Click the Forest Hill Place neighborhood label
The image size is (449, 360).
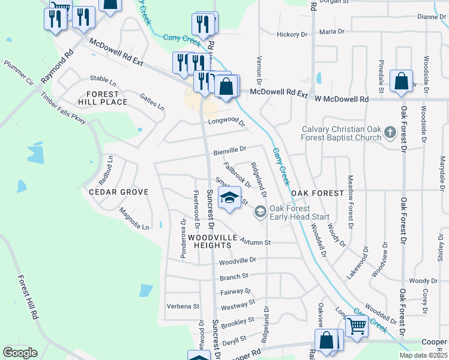coord(107,98)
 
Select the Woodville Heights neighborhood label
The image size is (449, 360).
coord(209,238)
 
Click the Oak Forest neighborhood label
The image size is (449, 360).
coord(317,193)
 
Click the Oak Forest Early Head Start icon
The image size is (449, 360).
coord(261,211)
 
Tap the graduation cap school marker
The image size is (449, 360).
coord(229,198)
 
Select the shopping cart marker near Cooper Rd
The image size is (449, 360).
coord(357,326)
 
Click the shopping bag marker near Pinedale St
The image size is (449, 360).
coord(400,81)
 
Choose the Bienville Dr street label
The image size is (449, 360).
coord(227,149)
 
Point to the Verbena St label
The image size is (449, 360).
coord(182,306)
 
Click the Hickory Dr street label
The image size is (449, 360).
coord(292,34)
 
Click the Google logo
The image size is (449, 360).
coord(20,353)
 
